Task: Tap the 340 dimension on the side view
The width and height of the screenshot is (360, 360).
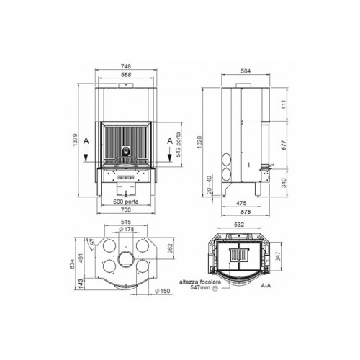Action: pyautogui.click(x=284, y=182)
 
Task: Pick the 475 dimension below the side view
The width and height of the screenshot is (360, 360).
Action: pyautogui.click(x=242, y=203)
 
